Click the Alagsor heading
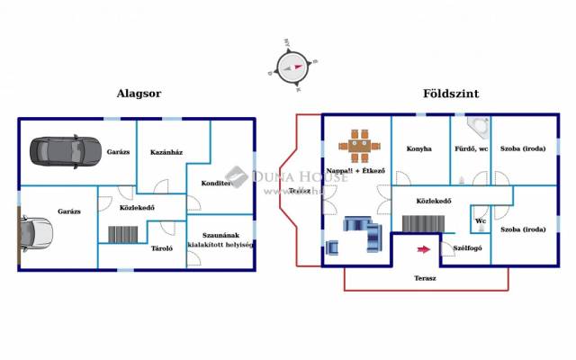[x=139, y=93]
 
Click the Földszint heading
[x=451, y=93]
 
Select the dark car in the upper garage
[x=60, y=149]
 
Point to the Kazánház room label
[x=166, y=151]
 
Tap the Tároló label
[x=162, y=247]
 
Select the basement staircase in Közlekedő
[x=123, y=234]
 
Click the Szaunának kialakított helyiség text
[x=220, y=239]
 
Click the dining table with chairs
[x=360, y=144]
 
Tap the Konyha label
[x=418, y=148]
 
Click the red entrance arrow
[x=422, y=249]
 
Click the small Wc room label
[x=481, y=220]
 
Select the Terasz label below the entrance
[x=425, y=278]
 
